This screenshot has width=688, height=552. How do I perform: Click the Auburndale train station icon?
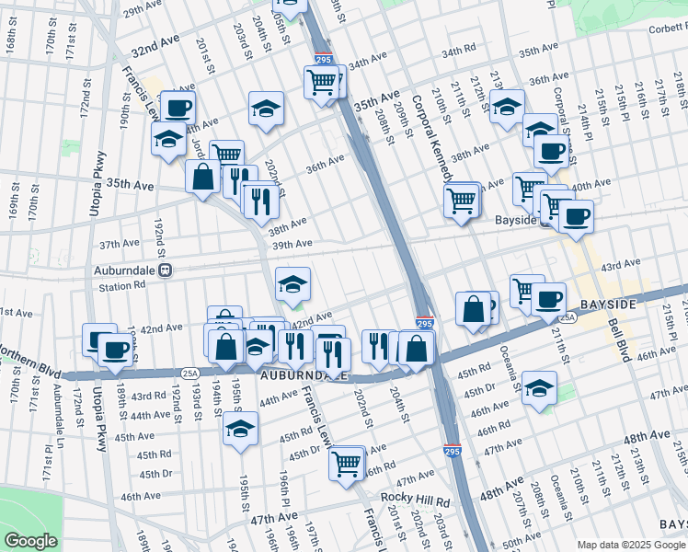pos(166,271)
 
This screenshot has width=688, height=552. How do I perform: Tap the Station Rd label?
pos(122,287)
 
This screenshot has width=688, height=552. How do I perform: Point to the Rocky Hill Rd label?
pos(415,502)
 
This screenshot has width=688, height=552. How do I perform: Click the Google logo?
pos(30,541)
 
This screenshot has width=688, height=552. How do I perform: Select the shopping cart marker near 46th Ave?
pos(348,462)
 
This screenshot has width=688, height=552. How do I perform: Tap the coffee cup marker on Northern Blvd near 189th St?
pos(116,350)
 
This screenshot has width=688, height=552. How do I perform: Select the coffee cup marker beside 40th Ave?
pos(576,217)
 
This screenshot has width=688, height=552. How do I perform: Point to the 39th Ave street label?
pos(292,244)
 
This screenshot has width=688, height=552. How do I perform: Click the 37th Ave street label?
pos(118,245)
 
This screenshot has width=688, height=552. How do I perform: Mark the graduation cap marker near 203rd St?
pos(265,109)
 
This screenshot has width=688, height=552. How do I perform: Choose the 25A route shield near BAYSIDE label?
pos(569,317)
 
